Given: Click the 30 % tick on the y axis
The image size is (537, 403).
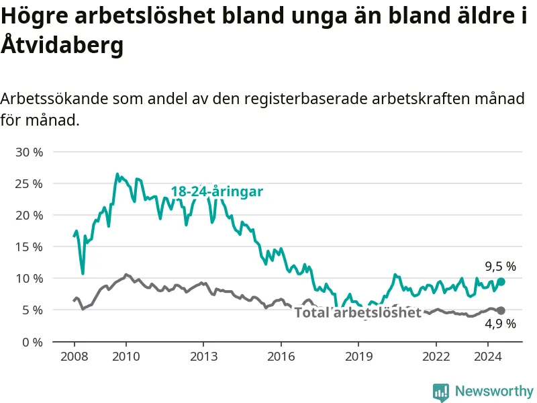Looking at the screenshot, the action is click(29, 152).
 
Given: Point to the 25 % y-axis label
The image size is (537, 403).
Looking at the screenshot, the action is click(29, 184).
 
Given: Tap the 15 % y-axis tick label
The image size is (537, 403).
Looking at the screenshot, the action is click(29, 247).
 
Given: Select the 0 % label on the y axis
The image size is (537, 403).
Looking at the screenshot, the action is click(32, 342).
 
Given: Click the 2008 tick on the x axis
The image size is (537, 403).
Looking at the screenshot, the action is click(75, 357).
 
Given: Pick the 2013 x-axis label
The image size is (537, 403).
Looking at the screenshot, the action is click(203, 357).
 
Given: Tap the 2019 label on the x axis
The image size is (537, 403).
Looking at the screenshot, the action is click(358, 357).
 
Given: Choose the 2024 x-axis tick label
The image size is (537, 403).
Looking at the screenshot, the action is click(488, 357).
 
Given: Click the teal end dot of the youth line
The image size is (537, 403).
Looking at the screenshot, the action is click(501, 281).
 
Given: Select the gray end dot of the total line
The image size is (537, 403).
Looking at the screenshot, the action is click(501, 310).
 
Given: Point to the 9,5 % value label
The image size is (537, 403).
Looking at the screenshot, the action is click(500, 266).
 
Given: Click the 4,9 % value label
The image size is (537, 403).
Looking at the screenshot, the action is click(500, 324).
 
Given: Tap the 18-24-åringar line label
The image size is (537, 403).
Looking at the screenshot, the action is click(217, 191).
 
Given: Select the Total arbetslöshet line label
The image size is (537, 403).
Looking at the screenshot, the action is click(358, 312).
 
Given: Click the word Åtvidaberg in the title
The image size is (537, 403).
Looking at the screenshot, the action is click(62, 44).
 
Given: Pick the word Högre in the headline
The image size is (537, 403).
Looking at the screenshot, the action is click(35, 16).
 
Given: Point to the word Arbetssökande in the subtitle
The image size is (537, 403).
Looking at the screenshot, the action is click(54, 99).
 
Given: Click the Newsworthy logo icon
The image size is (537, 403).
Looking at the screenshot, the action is click(441, 392).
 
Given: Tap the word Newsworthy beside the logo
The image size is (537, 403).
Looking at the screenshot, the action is click(494, 391).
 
